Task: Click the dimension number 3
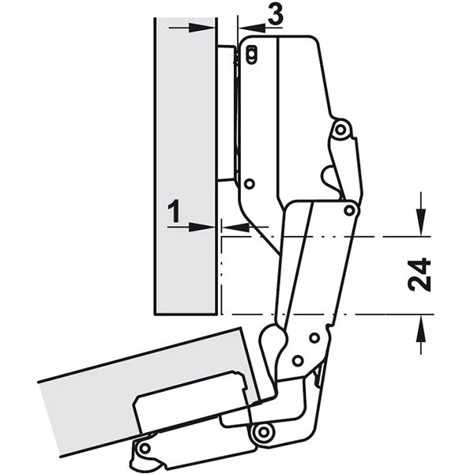[276, 14]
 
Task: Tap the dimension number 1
[175, 211]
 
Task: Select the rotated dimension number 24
[419, 274]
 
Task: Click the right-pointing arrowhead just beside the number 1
[201, 227]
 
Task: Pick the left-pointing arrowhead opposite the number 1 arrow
[235, 227]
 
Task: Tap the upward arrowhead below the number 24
[421, 329]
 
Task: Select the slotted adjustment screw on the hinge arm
[251, 55]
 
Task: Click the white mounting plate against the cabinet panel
[227, 113]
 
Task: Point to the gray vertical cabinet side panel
[186, 166]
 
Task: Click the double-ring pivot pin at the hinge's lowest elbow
[264, 432]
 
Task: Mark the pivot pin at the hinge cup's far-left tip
[145, 447]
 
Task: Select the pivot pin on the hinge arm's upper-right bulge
[340, 130]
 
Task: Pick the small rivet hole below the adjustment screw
[250, 184]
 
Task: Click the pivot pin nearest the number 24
[350, 210]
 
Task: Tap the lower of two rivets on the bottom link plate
[298, 360]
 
